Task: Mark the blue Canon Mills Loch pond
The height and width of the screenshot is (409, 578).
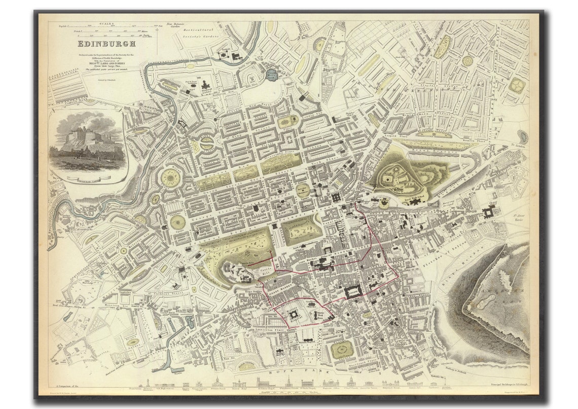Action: (x=272, y=75)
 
